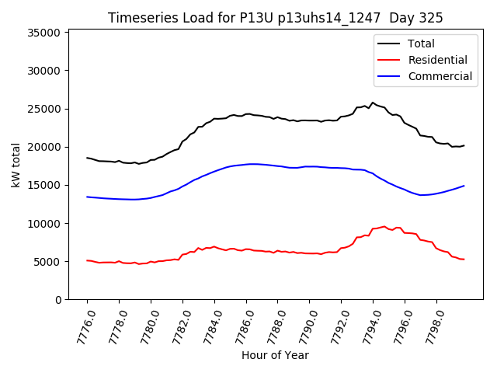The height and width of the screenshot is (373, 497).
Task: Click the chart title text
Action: coord(275,18)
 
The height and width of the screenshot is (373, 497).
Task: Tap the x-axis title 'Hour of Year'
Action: coord(275,355)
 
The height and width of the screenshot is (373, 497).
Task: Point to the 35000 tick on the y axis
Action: coord(44,33)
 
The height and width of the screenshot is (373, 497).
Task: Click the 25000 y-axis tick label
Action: coord(44,109)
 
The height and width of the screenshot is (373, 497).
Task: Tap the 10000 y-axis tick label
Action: coord(44,224)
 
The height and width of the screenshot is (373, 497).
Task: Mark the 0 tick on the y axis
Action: coord(58,300)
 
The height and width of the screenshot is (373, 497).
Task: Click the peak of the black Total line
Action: coord(373,103)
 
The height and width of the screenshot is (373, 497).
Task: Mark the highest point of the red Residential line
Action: coord(384,226)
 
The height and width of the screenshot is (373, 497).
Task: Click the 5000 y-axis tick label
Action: coord(47,262)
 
